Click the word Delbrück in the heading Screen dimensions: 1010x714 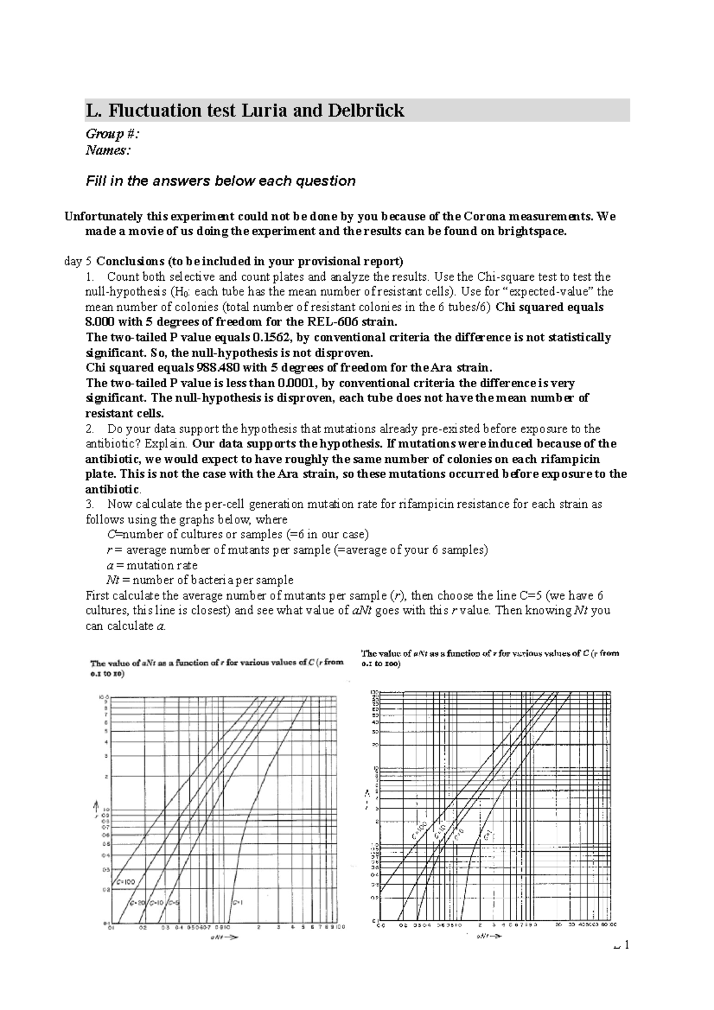(x=367, y=111)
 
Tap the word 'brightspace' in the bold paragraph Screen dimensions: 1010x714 (x=530, y=231)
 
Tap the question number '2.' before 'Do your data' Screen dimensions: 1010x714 (x=90, y=429)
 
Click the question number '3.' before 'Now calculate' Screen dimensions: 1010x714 (x=90, y=504)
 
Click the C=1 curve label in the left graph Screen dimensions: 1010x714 (x=236, y=902)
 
